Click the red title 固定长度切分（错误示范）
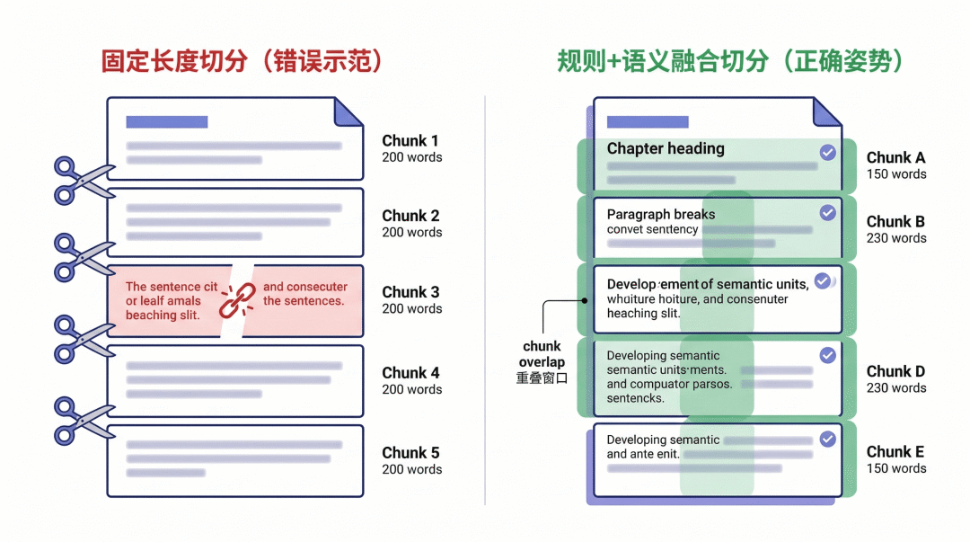click(242, 61)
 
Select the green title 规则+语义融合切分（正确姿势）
click(729, 61)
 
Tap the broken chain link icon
click(239, 300)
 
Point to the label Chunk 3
click(410, 292)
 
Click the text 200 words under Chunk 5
click(412, 469)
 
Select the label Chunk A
click(895, 157)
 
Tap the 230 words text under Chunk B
click(896, 238)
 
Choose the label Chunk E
click(895, 452)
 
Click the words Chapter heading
click(666, 148)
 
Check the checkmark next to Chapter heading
click(827, 153)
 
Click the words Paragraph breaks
click(661, 214)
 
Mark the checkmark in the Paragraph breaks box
click(827, 213)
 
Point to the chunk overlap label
click(542, 354)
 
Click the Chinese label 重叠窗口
click(542, 378)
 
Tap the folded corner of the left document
click(348, 111)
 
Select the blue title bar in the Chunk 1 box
click(167, 121)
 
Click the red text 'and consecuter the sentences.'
click(304, 294)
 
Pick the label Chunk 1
click(410, 141)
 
